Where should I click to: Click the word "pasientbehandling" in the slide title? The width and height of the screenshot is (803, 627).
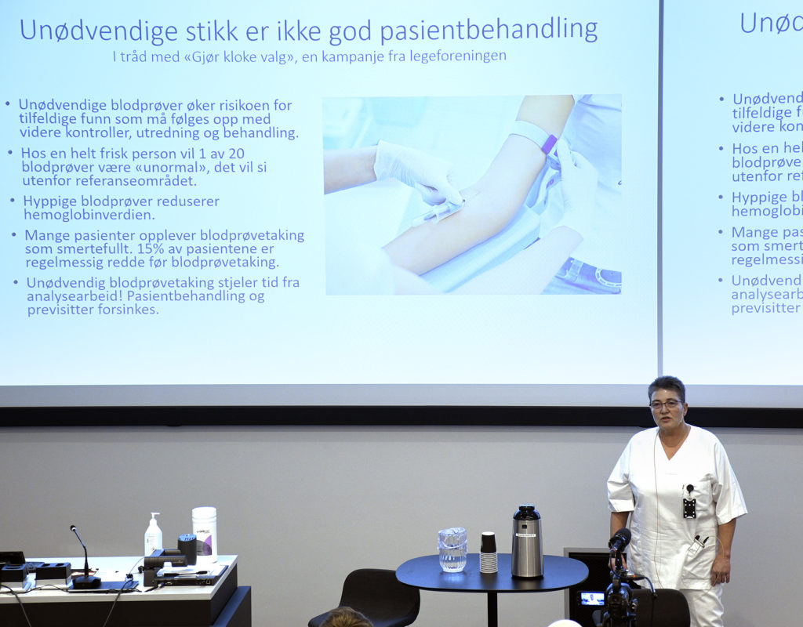point(489,31)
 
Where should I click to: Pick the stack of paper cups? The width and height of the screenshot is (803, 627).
point(489,553)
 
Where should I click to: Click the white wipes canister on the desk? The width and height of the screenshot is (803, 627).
point(204,532)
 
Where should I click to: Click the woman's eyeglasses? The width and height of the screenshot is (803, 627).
point(665,404)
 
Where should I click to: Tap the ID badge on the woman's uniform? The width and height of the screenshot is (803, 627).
point(689,507)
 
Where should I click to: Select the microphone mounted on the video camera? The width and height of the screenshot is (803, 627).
point(620,539)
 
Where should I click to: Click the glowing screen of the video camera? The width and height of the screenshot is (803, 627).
point(591,599)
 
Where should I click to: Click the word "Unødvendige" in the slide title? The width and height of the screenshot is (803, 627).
point(88,31)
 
